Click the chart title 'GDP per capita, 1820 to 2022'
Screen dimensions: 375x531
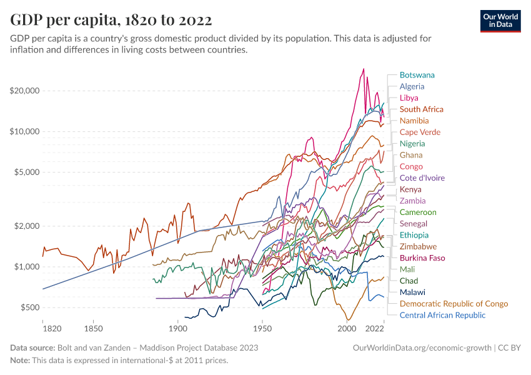[111, 20]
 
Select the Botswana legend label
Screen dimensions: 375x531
[417, 75]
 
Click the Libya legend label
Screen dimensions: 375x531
[409, 98]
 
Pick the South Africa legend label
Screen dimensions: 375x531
[422, 109]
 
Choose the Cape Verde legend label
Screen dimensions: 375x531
[420, 132]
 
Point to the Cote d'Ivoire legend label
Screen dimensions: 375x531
[422, 178]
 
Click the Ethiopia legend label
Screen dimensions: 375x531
[414, 235]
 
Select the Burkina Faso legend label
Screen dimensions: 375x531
[422, 258]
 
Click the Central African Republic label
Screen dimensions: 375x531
[442, 315]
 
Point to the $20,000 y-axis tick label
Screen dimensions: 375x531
[25, 91]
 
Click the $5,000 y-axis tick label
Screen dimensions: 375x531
[27, 172]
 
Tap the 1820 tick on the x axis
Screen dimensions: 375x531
[43, 328]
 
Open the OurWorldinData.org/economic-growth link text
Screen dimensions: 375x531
[422, 347]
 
